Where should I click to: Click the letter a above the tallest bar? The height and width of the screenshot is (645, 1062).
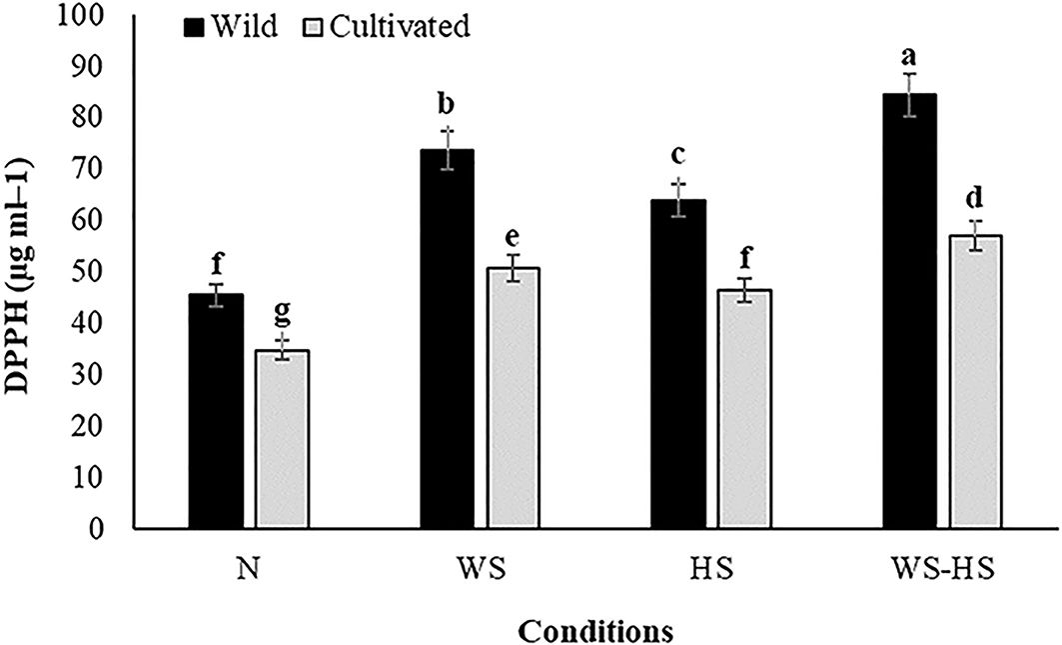[910, 54]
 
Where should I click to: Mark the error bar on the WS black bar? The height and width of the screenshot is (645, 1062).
[449, 149]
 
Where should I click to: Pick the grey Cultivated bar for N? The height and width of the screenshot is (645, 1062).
[283, 439]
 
